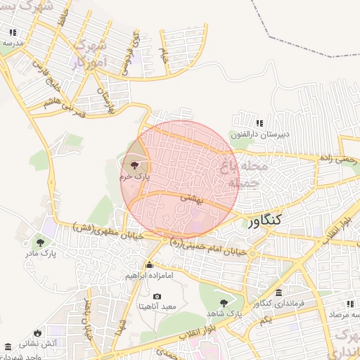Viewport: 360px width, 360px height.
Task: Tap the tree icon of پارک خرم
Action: [134, 166]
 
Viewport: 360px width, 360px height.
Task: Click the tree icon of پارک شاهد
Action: [224, 302]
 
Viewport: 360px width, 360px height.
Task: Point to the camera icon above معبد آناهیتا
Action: [157, 297]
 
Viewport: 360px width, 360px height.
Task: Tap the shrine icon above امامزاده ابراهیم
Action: [149, 265]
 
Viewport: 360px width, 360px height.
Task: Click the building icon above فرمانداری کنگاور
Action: [279, 292]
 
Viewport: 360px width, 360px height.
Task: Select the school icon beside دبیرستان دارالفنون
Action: [259, 123]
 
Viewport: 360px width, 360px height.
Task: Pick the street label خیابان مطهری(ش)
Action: [108, 231]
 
